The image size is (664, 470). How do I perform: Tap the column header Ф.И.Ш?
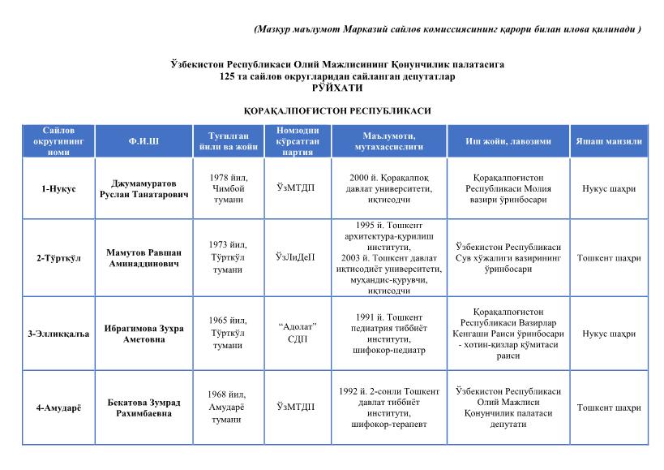144,141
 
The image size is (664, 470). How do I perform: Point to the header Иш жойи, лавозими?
508,141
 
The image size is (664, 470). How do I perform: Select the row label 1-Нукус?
58,189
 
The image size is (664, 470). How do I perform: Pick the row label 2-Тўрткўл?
58,258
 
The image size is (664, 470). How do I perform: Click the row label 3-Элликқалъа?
58,334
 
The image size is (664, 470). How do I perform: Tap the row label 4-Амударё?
58,407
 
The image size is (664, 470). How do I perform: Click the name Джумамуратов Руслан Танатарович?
144,189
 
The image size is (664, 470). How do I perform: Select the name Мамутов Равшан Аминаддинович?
144,258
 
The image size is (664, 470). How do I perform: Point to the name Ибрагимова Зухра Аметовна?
144,334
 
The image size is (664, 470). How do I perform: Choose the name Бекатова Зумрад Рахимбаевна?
144,407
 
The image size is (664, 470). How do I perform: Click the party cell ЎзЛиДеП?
296,258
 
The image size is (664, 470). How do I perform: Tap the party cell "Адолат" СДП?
297,333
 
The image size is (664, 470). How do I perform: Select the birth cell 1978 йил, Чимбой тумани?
228,188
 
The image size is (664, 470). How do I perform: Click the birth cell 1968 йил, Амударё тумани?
228,407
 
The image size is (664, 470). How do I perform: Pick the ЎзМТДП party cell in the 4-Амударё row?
296,407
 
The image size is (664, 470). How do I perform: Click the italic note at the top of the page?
447,29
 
